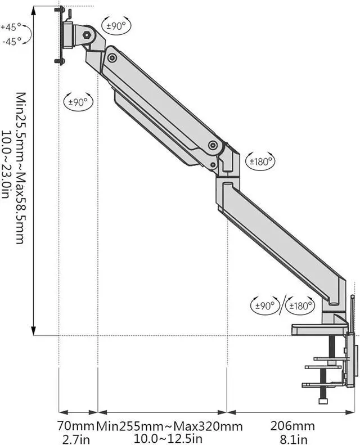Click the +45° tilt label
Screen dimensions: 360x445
click(11, 28)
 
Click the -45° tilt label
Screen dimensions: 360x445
click(12, 42)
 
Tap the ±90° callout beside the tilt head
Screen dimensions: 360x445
click(116, 26)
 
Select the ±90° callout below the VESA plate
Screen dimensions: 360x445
click(78, 102)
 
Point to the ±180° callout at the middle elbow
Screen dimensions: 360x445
click(260, 161)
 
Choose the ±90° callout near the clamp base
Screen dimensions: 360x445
click(265, 305)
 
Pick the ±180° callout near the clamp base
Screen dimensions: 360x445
click(300, 305)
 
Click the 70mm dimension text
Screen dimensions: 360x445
click(76, 426)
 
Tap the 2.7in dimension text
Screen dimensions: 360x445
click(76, 439)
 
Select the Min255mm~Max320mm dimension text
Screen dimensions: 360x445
click(170, 426)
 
